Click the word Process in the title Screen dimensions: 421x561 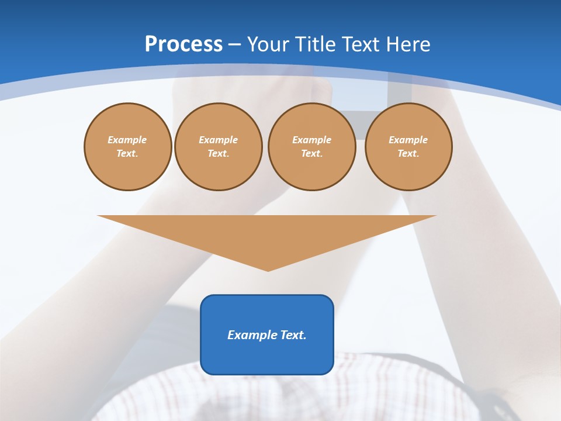183,44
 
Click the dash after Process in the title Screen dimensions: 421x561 235,45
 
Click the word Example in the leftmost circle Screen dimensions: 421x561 127,140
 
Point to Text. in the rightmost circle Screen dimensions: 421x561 408,153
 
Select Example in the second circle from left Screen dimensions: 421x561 218,140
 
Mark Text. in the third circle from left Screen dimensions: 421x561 311,153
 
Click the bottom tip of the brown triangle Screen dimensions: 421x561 268,270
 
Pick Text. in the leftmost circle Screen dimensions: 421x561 127,153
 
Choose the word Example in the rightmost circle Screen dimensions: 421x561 408,140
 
